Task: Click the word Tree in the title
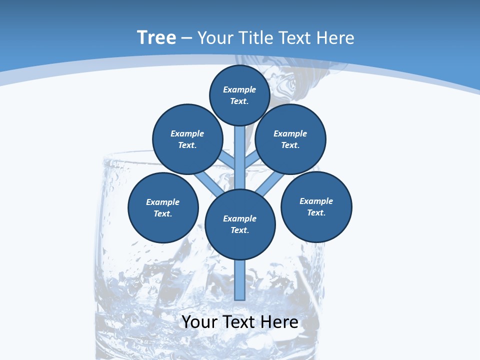pos(156,38)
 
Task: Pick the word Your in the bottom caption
pos(199,322)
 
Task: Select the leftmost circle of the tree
pos(163,207)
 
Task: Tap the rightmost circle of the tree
pos(316,206)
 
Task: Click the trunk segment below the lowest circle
pos(240,280)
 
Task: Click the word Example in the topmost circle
pos(239,90)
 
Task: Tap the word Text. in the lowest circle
pos(239,230)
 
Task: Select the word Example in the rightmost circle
pos(316,201)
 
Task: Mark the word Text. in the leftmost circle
pos(162,214)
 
